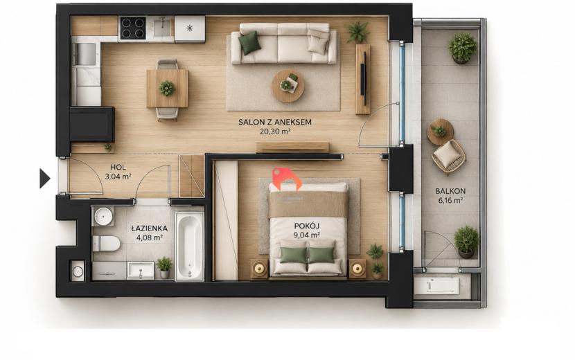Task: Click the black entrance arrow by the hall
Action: click(x=44, y=179)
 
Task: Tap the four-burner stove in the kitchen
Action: click(x=133, y=28)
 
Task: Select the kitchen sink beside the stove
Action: click(x=161, y=28)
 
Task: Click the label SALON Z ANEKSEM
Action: click(x=274, y=122)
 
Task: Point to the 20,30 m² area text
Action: click(x=275, y=132)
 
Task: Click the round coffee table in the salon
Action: click(x=287, y=86)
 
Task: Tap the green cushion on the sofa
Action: click(x=249, y=43)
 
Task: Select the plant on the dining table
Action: click(x=167, y=89)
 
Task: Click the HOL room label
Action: click(x=118, y=167)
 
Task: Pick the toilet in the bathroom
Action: click(x=106, y=244)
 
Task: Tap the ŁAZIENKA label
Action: click(x=149, y=228)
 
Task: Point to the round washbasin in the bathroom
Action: click(x=103, y=216)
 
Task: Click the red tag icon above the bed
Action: click(x=287, y=179)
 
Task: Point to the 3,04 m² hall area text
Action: click(x=118, y=177)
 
